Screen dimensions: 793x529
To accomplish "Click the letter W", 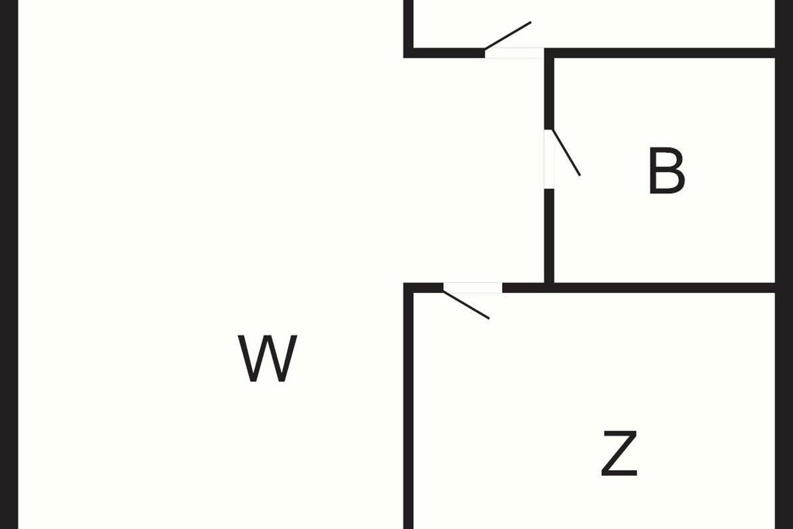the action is point(267,358).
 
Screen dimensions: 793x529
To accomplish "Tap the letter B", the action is point(667,171).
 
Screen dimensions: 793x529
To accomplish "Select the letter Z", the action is point(619,453).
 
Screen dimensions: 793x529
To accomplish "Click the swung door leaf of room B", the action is point(566,153).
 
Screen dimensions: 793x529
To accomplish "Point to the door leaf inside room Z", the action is point(467,305).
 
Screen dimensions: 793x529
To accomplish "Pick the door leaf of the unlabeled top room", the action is point(508,36).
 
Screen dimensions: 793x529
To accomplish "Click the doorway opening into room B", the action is point(549,159).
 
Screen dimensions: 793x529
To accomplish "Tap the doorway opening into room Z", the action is point(473,288).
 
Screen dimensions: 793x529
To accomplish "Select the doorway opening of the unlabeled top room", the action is point(514,53).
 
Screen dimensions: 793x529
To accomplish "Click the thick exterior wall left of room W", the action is point(9,264).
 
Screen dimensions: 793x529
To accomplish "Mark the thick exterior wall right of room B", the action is point(784,264).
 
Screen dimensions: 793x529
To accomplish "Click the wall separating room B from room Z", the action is point(665,288).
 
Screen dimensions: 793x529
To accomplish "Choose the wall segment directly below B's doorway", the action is point(549,236).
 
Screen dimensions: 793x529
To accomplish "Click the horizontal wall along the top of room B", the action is point(660,53).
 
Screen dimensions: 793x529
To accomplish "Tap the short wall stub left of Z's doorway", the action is point(424,288).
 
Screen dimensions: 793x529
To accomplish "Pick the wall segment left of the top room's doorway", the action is point(444,53).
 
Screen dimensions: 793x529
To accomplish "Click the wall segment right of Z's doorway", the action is point(523,288).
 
